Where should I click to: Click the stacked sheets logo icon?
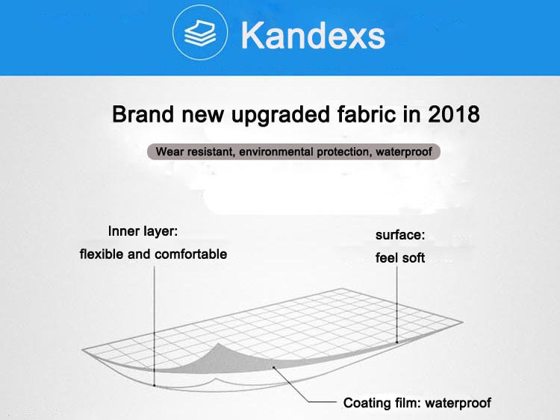coord(199,33)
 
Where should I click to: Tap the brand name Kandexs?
coord(313,34)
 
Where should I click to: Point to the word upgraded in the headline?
coord(281,115)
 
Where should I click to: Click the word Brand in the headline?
coord(143,114)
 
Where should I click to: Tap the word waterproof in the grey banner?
coord(403,152)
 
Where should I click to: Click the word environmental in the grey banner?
coord(277,152)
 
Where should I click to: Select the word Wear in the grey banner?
coord(169,151)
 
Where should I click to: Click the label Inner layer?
coord(143,231)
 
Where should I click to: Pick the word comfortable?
coord(190,254)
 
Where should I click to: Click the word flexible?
coord(102,254)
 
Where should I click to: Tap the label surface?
coord(400,235)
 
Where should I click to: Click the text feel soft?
coord(400,257)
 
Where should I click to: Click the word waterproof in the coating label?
coord(458,404)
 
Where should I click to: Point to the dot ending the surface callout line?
coord(397,342)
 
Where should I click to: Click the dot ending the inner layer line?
coord(155,386)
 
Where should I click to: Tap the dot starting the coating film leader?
coord(273,367)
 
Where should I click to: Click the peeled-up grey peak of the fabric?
coord(218,345)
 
